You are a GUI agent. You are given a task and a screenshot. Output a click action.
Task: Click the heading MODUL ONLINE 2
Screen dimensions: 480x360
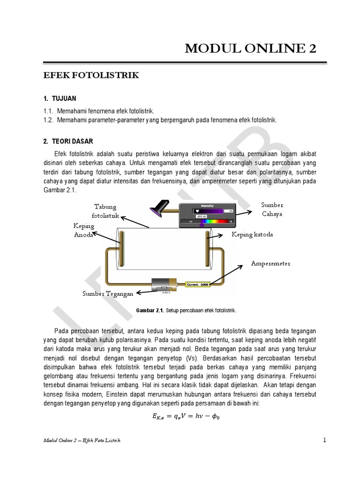point(250,48)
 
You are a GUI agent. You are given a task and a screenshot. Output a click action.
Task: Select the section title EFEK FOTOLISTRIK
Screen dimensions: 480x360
point(91,75)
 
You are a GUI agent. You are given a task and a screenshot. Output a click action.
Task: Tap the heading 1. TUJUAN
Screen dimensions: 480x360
point(59,99)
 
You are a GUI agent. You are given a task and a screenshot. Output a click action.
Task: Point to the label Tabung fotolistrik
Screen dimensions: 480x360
point(105,211)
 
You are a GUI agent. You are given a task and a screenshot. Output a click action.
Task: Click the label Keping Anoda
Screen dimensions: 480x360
point(84,231)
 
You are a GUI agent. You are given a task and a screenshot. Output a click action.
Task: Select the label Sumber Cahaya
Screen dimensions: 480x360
point(272,209)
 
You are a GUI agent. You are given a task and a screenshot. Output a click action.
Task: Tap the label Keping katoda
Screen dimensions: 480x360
point(252,234)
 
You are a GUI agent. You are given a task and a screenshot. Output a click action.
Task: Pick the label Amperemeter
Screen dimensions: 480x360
point(270,263)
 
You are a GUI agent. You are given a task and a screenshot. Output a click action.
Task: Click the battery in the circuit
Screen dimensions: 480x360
point(164,285)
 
